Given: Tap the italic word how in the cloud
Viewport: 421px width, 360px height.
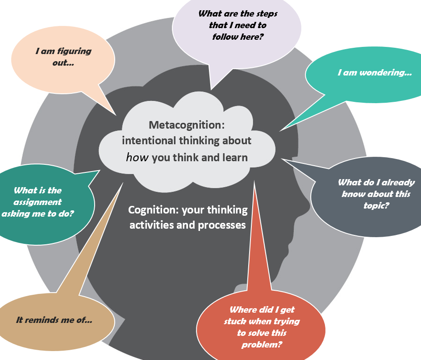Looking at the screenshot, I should pyautogui.click(x=138, y=157).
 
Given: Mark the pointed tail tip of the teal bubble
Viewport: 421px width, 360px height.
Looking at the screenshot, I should pyautogui.click(x=280, y=131).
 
